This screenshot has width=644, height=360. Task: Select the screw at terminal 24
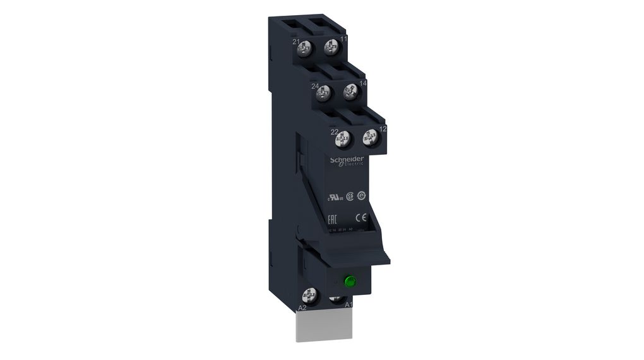324,93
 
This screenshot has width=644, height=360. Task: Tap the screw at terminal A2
310,294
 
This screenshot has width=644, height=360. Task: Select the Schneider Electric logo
347,160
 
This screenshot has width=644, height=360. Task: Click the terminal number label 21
295,42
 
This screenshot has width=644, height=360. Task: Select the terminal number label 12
383,129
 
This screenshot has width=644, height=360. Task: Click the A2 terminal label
302,308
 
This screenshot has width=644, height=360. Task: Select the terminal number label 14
362,83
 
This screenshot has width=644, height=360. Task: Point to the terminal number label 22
334,131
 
